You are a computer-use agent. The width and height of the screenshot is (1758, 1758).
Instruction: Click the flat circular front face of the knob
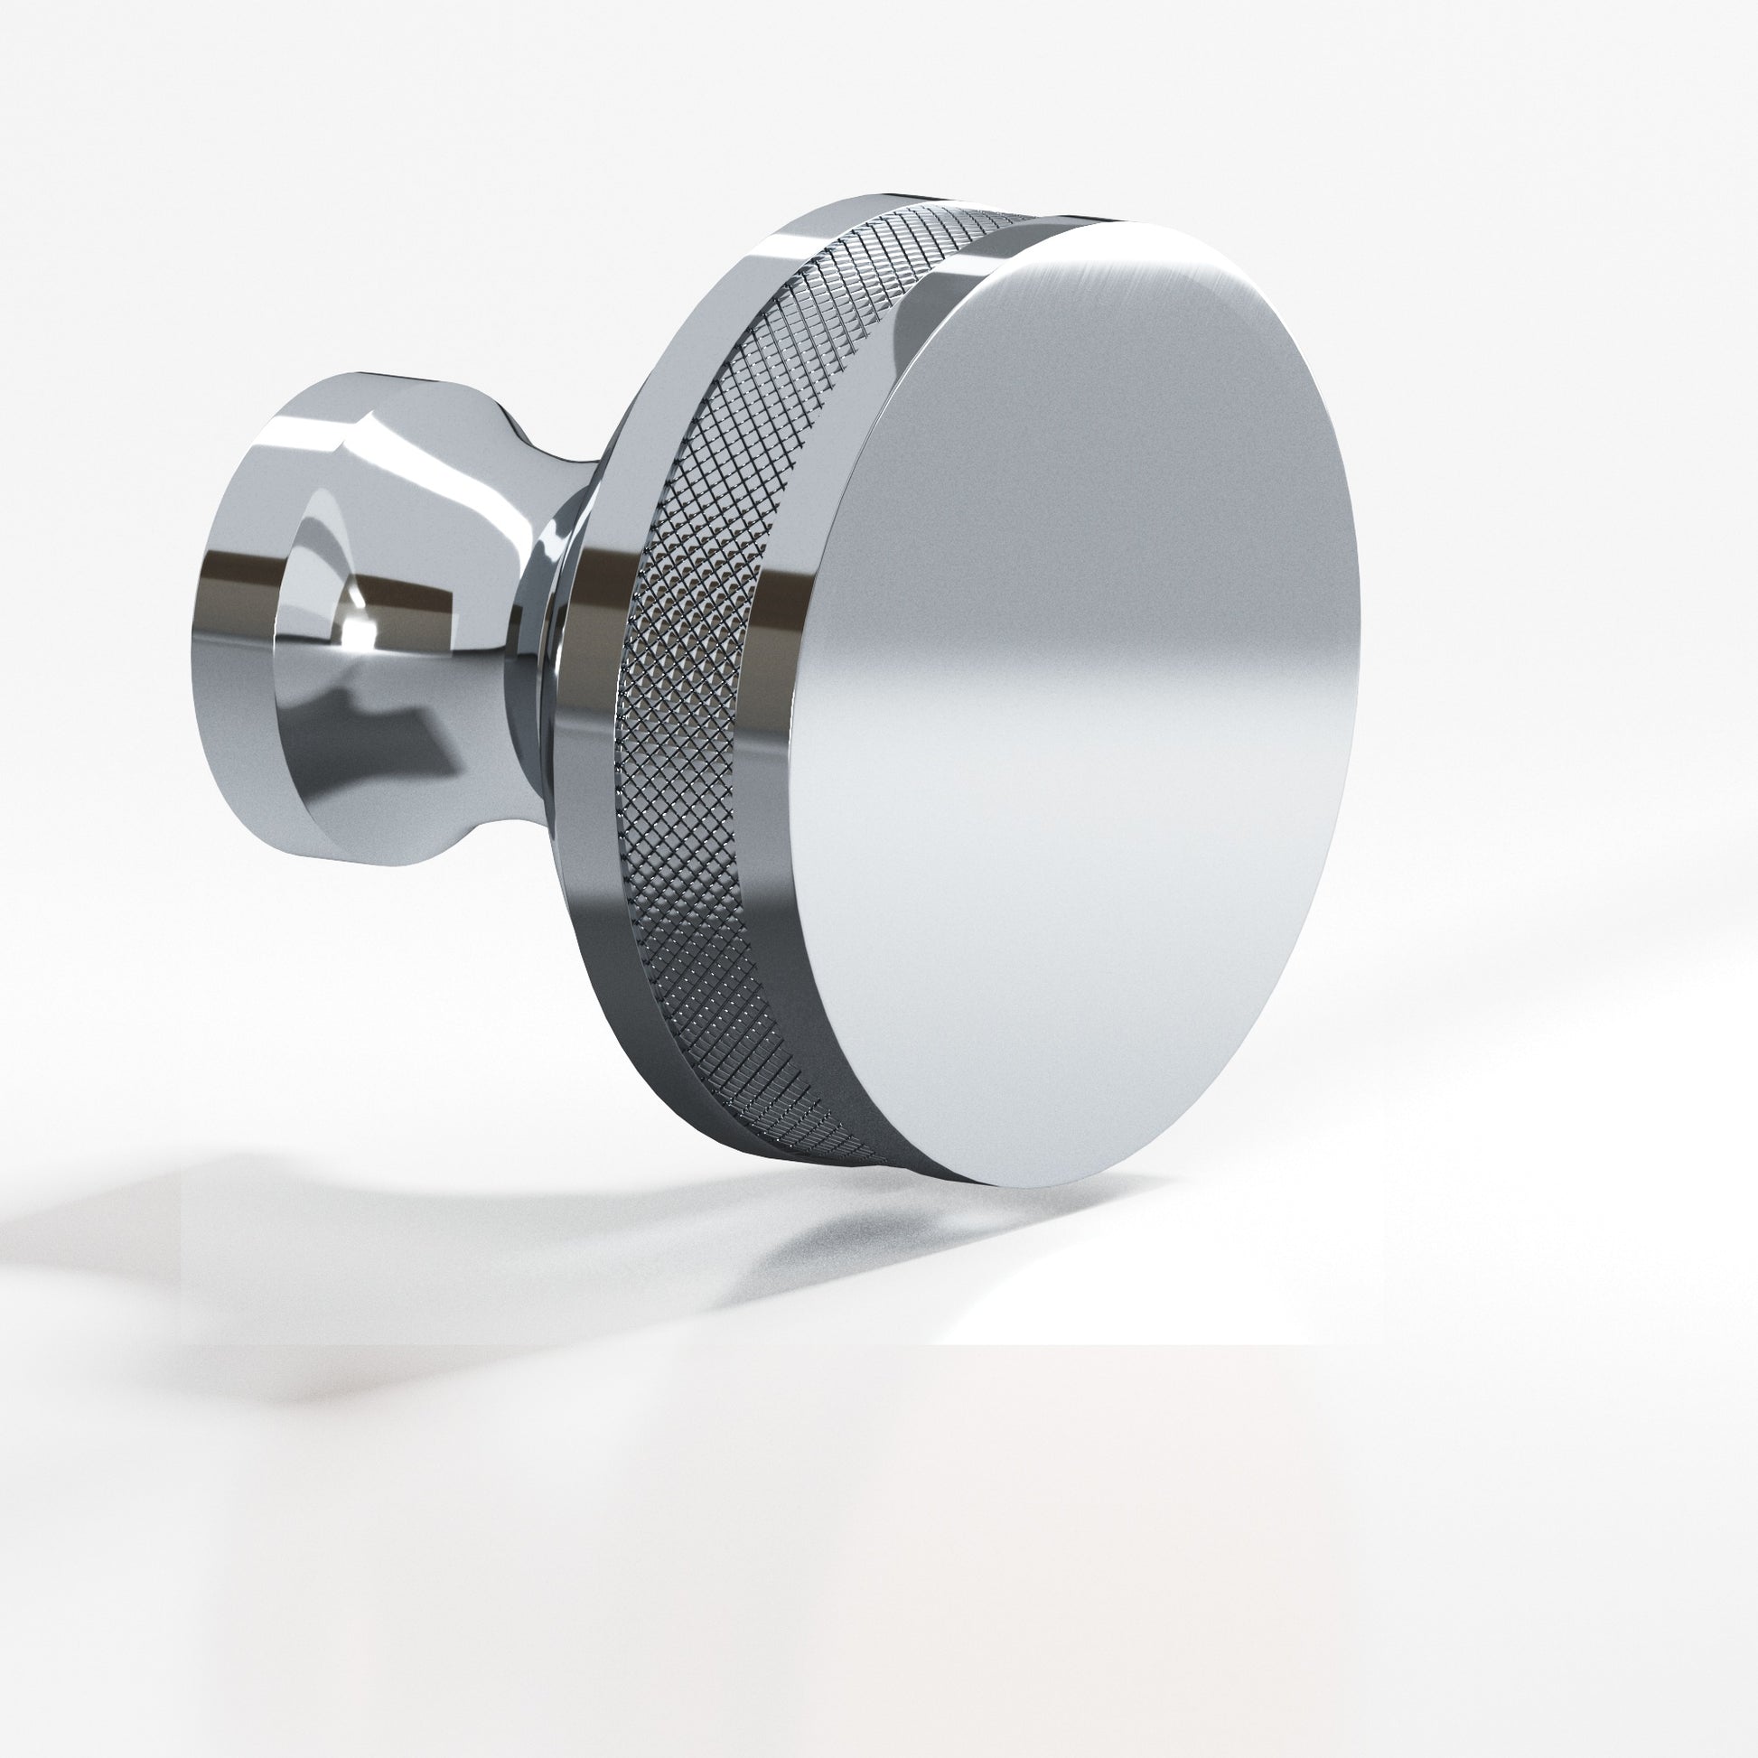click(1074, 701)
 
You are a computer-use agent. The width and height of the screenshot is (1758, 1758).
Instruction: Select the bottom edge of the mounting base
click(364, 860)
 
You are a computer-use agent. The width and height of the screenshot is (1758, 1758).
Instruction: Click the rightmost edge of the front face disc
click(1359, 619)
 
